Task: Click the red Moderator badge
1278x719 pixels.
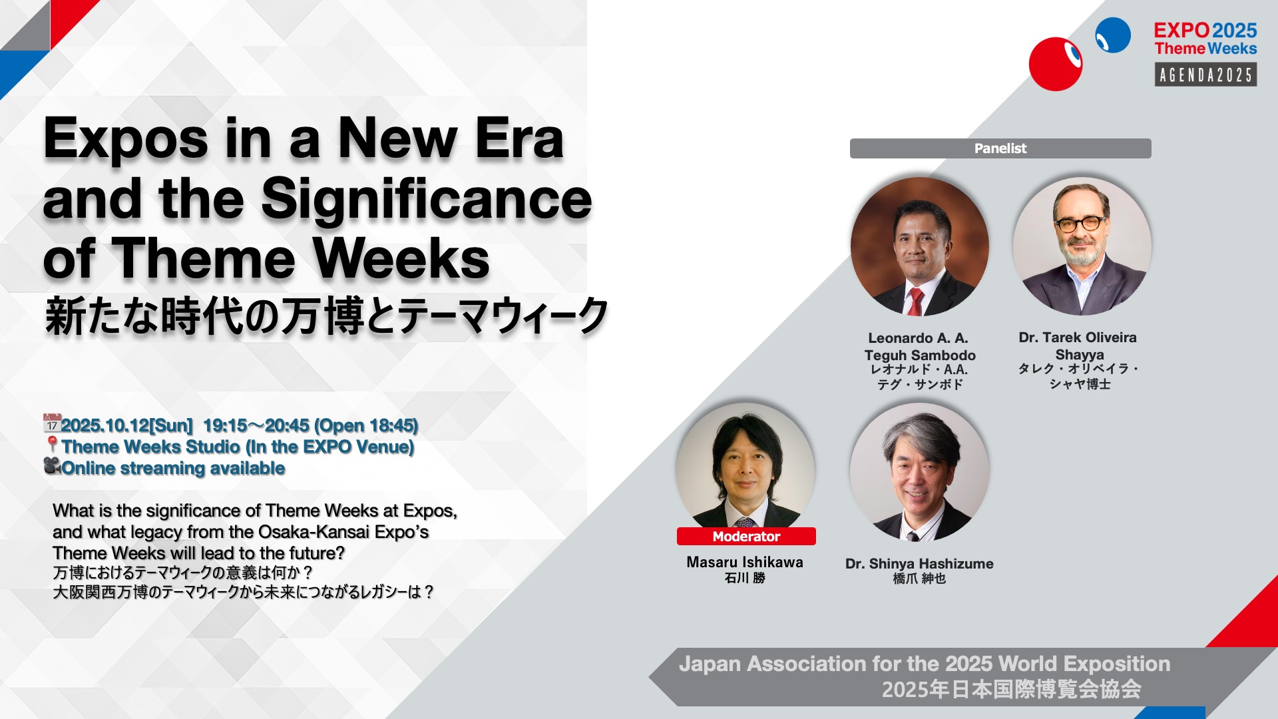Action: click(746, 537)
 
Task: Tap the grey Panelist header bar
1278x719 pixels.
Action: click(1000, 148)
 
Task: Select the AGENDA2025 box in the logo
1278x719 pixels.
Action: click(1205, 75)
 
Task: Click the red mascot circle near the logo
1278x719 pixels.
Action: click(1056, 64)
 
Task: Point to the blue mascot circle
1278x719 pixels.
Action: click(1113, 35)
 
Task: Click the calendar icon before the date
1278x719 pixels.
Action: click(52, 423)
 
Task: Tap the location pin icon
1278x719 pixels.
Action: click(53, 445)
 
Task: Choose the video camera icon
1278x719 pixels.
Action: click(53, 465)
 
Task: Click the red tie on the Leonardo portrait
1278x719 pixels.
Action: click(916, 302)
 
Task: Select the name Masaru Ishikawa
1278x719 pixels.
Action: click(745, 563)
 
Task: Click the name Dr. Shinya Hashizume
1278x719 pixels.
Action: click(919, 564)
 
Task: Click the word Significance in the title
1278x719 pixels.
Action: click(427, 199)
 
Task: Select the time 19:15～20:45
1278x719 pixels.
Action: click(256, 425)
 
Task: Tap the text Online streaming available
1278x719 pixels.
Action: click(173, 468)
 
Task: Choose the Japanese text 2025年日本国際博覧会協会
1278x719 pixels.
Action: click(1012, 690)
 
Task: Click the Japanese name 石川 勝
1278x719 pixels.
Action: click(745, 578)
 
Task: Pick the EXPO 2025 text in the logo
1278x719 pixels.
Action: click(1205, 30)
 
